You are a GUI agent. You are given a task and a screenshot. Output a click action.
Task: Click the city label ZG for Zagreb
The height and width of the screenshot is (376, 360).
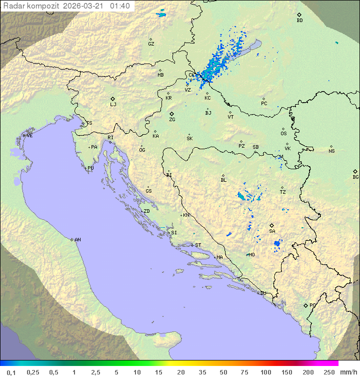pos(172,120)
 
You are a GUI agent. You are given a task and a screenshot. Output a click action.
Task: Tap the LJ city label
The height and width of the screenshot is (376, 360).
pos(113,105)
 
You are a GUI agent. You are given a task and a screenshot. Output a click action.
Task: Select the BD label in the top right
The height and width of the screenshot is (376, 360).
pos(299,21)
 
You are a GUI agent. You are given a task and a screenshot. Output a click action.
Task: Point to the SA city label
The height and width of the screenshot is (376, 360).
pos(272,231)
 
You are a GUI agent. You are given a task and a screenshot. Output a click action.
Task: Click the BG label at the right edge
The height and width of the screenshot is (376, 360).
pos(355,177)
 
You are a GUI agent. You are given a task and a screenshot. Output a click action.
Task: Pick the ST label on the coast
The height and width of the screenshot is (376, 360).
pos(198,245)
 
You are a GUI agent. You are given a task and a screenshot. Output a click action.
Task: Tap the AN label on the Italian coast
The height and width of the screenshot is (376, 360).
pos(77,240)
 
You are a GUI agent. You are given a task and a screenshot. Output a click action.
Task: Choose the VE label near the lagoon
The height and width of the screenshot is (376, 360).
pos(29,136)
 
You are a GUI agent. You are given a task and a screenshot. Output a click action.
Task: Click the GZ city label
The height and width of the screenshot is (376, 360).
pos(151,44)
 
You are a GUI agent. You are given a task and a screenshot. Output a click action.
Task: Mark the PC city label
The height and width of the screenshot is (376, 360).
pos(264,104)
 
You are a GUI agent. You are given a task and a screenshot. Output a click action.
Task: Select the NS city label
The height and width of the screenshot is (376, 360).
pos(331,151)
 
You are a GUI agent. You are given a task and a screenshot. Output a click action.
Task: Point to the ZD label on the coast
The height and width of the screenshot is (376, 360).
pos(146,211)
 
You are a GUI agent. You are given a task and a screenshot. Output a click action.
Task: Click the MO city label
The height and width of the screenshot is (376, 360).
pos(252,254)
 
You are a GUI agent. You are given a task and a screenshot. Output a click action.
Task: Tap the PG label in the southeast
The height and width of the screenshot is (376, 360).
pos(312,305)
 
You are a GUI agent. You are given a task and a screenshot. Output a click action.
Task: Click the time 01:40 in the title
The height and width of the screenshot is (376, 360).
pos(120,6)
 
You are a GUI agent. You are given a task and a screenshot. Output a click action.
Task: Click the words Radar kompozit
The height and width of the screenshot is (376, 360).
pos(31,6)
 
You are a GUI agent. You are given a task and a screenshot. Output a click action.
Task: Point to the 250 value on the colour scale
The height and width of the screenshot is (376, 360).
pos(329,372)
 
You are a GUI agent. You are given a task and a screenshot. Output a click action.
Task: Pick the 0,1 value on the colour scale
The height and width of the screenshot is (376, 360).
pos(11,372)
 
